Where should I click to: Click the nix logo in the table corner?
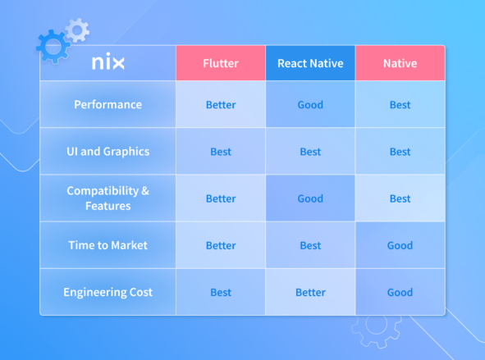[108, 63]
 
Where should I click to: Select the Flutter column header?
[220, 63]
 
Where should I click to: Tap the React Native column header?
[310, 63]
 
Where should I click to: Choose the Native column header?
[400, 63]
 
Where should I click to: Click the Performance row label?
[108, 105]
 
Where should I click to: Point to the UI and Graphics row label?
[108, 152]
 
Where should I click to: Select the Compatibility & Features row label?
[108, 198]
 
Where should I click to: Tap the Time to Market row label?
[108, 245]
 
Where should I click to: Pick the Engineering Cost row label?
[108, 292]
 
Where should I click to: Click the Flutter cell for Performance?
[220, 105]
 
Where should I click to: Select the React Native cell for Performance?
[310, 105]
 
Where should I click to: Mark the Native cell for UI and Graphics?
[400, 152]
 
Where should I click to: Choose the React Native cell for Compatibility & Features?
[310, 198]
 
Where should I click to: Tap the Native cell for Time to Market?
[400, 245]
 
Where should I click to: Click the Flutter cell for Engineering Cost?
[220, 292]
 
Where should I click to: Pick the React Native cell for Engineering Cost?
[310, 292]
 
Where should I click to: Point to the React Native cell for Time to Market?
[310, 245]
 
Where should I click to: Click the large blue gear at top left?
[53, 47]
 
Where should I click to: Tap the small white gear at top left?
[77, 30]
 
